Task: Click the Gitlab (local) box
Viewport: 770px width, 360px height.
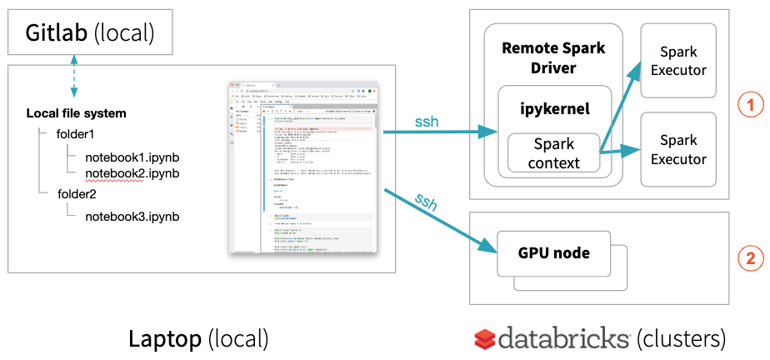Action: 90,33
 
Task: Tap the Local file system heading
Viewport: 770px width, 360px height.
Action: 77,113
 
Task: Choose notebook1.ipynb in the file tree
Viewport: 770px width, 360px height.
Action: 132,156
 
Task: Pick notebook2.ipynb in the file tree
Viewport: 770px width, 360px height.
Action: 132,173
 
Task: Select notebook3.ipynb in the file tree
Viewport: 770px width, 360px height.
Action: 132,217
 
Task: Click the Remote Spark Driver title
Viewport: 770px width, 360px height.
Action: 553,57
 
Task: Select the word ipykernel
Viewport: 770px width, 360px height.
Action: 554,108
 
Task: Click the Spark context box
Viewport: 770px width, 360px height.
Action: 554,152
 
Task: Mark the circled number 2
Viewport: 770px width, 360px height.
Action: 751,259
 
